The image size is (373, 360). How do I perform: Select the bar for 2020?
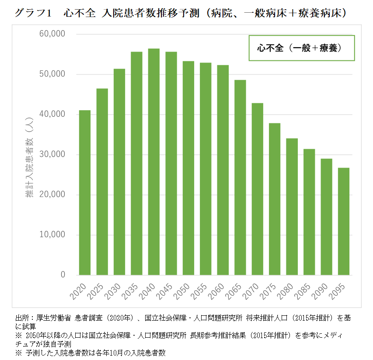click(x=85, y=192)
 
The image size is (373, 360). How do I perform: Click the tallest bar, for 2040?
click(x=154, y=162)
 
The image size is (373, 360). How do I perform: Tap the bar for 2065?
click(x=240, y=177)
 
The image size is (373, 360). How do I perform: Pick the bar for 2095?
click(x=344, y=221)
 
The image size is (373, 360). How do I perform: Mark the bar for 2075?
click(x=275, y=199)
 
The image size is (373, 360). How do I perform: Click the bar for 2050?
click(x=188, y=168)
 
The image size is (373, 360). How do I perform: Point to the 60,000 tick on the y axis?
click(x=52, y=34)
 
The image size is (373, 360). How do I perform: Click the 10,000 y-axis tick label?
click(x=52, y=235)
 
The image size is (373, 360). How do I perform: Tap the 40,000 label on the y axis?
click(x=52, y=114)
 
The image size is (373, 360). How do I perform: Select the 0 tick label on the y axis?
click(x=63, y=275)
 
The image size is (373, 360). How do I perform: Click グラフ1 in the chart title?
click(x=33, y=13)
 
